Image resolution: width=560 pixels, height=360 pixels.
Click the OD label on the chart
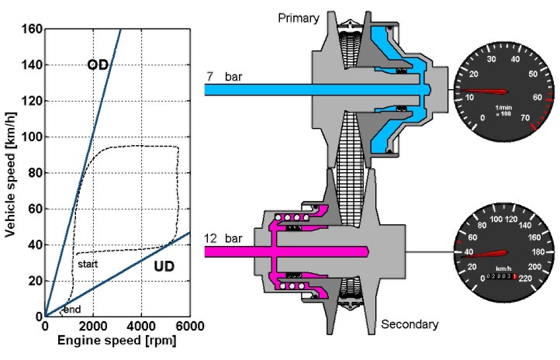coord(98,64)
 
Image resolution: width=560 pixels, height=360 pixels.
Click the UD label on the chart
coord(164,266)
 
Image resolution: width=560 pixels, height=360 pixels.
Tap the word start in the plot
coord(88,264)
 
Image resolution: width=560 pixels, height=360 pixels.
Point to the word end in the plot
coord(72,310)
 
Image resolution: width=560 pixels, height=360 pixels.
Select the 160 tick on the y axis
coord(32,29)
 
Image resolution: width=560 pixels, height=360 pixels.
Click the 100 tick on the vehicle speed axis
coord(32,137)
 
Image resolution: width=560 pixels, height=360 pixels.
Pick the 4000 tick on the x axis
coord(141,326)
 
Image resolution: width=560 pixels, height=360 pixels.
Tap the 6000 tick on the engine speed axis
coord(190,326)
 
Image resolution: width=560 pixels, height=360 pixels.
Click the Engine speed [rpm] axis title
coord(117,341)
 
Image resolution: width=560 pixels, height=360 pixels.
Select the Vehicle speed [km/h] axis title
coord(10,175)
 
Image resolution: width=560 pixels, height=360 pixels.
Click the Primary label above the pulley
coord(299,18)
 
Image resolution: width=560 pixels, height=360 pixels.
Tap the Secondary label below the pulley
coord(410,324)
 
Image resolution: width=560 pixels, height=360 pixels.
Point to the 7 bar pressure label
coord(224,77)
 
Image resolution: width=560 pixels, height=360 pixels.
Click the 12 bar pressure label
coord(223,238)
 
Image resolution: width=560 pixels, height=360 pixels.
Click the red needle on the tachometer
coord(484,92)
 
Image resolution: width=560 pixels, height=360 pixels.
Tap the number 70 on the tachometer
coord(525,117)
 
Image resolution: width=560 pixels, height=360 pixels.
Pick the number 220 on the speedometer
coord(525,279)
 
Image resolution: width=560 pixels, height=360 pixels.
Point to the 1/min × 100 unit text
coord(503,110)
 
